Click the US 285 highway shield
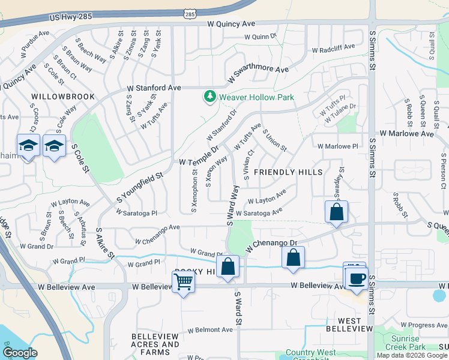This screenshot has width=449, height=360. pos(190,13)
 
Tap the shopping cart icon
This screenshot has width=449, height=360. pos(183,281)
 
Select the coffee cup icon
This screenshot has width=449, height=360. pos(357,278)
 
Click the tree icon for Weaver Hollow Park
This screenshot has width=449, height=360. pos(209,96)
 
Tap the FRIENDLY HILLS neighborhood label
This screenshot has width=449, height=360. pos(283,172)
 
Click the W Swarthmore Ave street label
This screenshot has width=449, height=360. pos(258,74)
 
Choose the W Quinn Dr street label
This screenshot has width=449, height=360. pos(259,37)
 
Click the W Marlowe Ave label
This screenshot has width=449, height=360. pos(405,134)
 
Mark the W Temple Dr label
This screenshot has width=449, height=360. pos(199,155)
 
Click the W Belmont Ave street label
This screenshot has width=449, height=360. pos(209,329)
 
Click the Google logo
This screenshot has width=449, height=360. pos(20,352)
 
